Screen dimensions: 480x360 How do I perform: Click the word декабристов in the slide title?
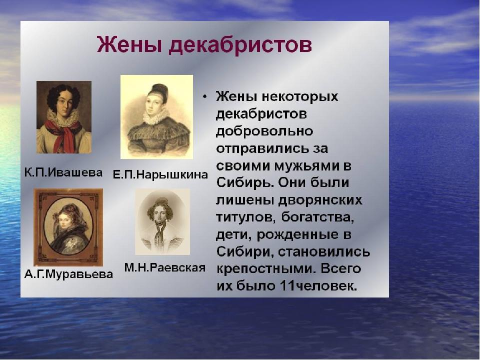pos(240,45)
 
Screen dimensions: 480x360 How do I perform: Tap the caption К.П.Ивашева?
pos(63,172)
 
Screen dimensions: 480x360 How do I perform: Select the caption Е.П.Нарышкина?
pos(160,174)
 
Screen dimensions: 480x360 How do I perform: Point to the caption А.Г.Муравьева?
pos(68,273)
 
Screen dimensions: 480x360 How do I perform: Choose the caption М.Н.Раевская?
pos(164,267)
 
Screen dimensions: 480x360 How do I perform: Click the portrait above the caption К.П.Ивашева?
pos(64,117)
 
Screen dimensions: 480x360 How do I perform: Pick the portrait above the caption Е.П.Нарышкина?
pos(156,117)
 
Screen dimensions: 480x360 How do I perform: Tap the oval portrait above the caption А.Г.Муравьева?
pos(68,227)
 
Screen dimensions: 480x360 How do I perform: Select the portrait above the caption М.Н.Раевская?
pos(162,221)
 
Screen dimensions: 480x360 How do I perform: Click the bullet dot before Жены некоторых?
pos(205,97)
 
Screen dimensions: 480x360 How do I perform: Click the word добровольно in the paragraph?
pos(264,131)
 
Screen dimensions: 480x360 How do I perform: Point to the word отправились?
pos(262,149)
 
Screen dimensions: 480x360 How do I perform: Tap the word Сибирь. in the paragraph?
pos(245,183)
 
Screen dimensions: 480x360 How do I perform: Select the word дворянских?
pos(320,200)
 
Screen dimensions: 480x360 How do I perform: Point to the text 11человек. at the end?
pos(318,286)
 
